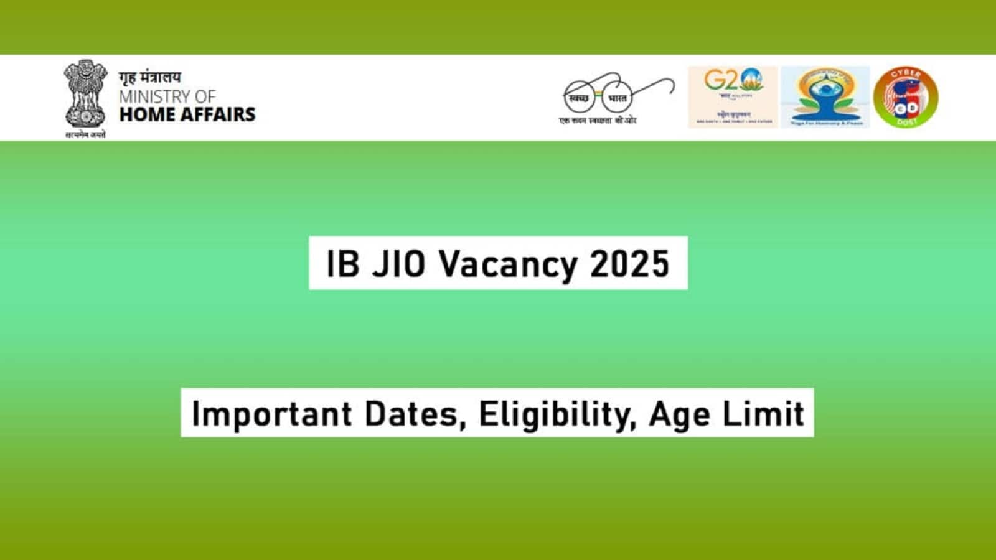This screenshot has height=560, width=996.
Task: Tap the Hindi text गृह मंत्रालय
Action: pos(150,78)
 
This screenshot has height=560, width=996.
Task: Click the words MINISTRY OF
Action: pos(167,97)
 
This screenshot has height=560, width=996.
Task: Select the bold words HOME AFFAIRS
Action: pos(187,114)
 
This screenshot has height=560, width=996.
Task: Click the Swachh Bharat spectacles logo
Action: pos(616,96)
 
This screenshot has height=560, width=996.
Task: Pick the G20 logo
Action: pos(733,97)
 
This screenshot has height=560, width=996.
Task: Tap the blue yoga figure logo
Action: pos(825,97)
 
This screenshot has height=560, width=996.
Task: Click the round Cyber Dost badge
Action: pos(906,97)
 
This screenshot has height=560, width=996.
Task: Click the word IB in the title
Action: pos(343,263)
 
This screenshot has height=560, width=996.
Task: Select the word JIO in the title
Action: pos(399,263)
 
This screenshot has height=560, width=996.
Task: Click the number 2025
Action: pos(629,263)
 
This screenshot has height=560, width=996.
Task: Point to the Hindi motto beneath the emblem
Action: pos(85,134)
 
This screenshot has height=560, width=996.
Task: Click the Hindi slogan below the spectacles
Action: pos(598,120)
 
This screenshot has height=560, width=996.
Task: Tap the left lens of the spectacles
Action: pos(579,98)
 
